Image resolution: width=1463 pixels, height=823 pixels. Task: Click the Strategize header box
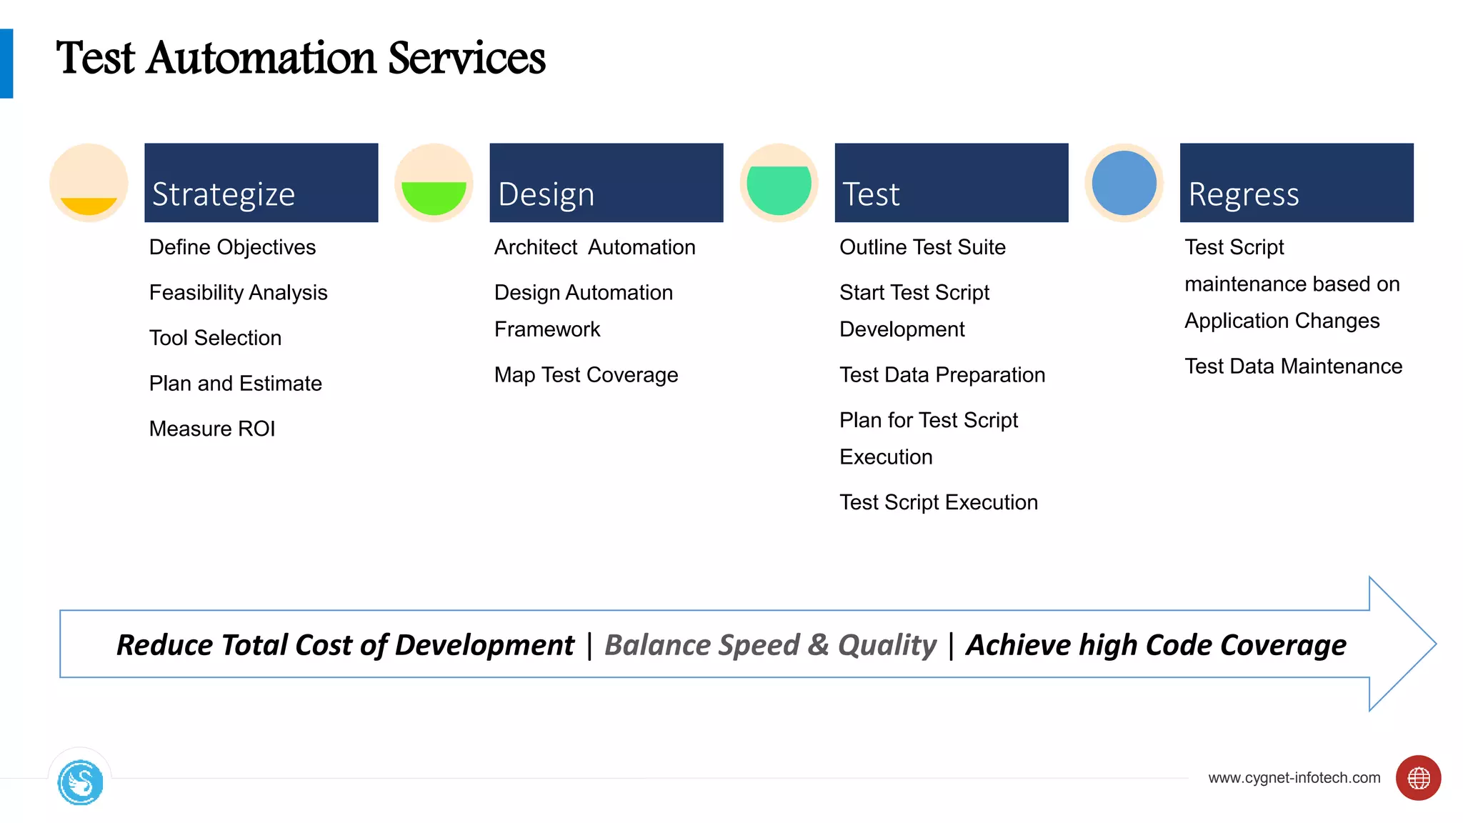261,182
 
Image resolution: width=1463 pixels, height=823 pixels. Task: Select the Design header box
606,182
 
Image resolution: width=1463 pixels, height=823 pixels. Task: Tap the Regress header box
1296,182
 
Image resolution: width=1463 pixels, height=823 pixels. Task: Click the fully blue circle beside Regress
1124,183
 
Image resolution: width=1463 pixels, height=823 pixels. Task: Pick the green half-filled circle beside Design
434,184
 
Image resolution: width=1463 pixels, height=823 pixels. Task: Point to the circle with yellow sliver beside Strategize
89,184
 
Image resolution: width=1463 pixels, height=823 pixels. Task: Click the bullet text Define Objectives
232,247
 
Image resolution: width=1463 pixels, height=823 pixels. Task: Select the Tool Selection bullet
215,338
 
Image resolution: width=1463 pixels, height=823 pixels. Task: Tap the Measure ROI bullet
212,429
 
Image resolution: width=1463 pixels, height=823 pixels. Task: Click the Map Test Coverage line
586,375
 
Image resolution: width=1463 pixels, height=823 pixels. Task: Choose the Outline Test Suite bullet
922,247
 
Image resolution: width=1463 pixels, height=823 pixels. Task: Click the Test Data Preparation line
942,375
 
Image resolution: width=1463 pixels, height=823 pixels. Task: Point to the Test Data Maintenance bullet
1293,366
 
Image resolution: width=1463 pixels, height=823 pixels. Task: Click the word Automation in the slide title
261,59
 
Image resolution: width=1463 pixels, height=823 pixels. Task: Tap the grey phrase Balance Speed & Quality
770,645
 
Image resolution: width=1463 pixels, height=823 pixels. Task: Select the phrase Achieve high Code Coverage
1156,645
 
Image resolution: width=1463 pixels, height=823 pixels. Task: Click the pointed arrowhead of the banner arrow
1404,644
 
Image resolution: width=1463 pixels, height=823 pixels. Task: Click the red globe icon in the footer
1418,778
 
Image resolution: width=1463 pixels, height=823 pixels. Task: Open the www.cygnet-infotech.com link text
1294,778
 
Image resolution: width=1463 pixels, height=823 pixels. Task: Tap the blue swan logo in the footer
80,783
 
